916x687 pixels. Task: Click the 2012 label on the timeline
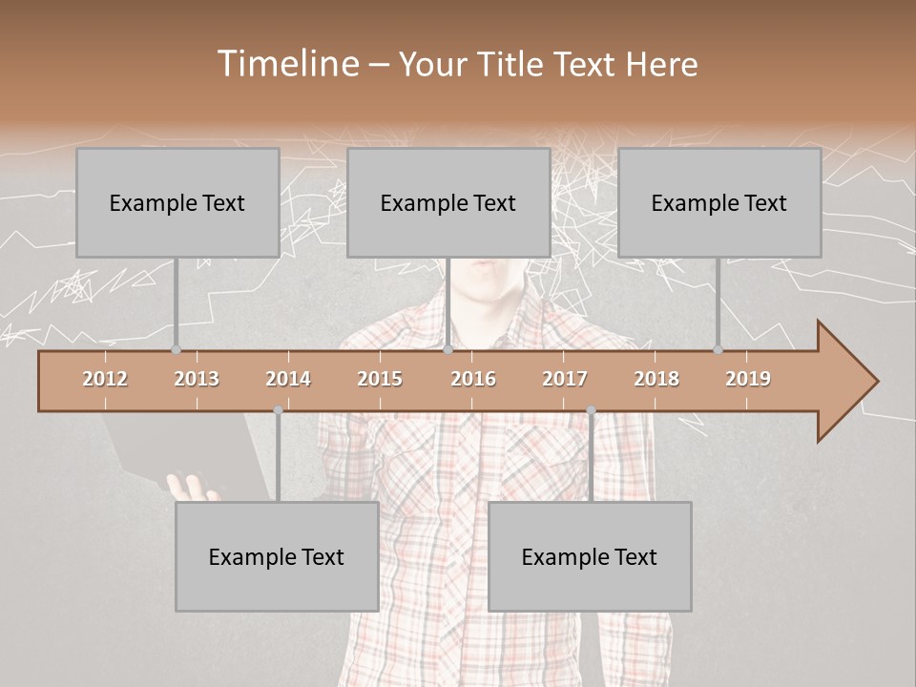pos(105,379)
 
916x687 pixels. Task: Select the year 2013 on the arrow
pos(197,379)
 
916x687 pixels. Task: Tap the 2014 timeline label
pos(288,379)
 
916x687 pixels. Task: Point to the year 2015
pos(380,379)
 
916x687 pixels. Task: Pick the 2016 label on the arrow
pos(473,379)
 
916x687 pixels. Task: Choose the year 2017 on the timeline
pos(565,379)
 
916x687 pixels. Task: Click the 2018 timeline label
pos(656,379)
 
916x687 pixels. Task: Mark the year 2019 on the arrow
pos(748,379)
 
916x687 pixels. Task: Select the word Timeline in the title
pos(285,64)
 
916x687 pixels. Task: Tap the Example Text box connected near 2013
pos(177,202)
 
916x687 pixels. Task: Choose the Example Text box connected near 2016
pos(448,202)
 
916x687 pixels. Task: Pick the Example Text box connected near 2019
pos(719,202)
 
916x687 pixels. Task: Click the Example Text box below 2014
pos(277,556)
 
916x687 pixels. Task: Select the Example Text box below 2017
pos(590,556)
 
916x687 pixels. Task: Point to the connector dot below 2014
pos(278,410)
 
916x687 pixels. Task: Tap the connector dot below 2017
pos(591,410)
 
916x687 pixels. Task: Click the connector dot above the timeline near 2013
pos(176,350)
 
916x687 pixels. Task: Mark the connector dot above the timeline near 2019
pos(718,350)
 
